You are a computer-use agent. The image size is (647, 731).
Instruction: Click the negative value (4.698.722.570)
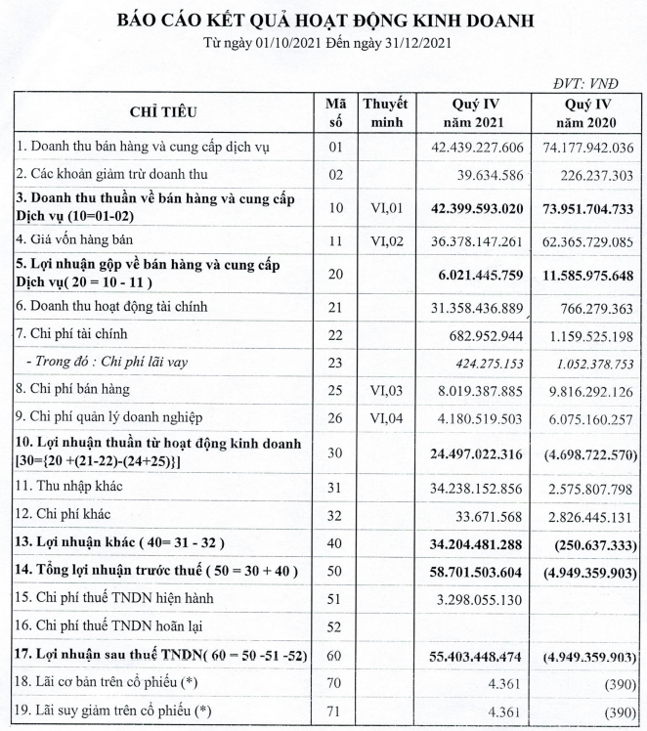pyautogui.click(x=589, y=453)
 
